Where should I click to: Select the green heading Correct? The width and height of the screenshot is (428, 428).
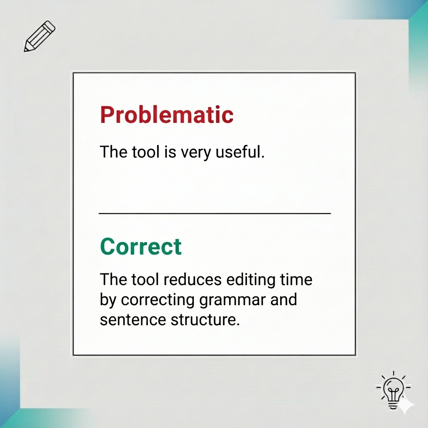141,247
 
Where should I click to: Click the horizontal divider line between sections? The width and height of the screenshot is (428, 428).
214,214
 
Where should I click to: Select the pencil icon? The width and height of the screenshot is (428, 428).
39,36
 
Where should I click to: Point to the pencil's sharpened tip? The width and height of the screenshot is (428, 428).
26,50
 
